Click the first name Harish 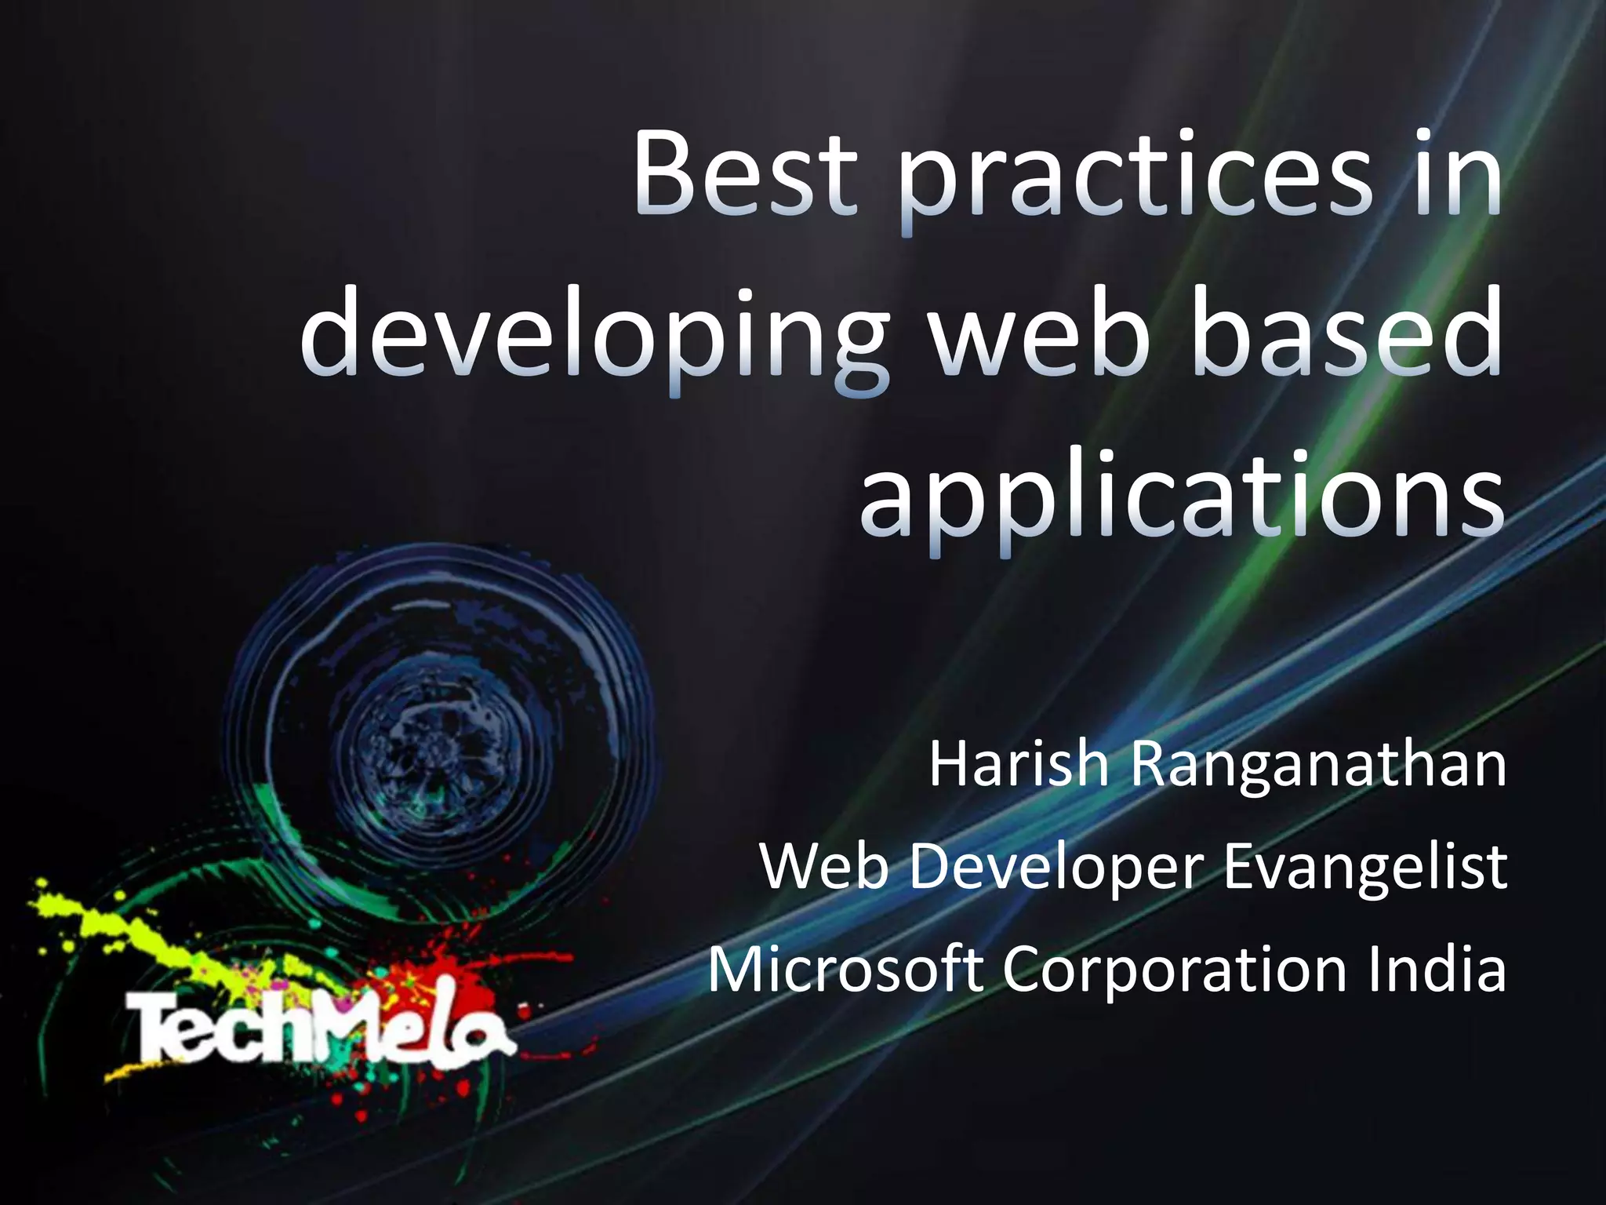click(1019, 766)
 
